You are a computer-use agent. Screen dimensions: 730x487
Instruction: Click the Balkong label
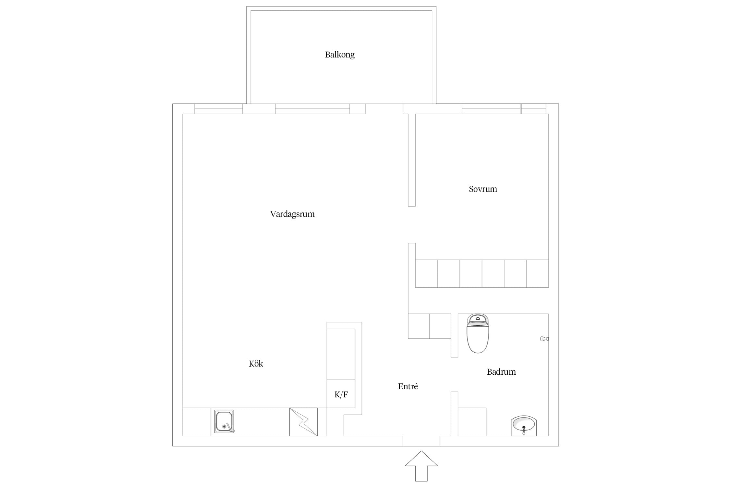(x=340, y=55)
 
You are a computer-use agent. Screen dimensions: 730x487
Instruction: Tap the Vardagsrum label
(x=292, y=214)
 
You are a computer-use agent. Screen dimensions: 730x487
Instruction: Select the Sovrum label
(x=483, y=189)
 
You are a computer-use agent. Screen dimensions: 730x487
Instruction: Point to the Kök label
(x=256, y=363)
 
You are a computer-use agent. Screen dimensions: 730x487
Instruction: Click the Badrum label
(x=501, y=372)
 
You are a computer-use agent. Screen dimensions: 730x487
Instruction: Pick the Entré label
(x=408, y=386)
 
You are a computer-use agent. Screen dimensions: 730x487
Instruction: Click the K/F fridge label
(x=341, y=394)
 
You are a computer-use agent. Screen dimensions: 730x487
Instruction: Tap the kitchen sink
(x=224, y=422)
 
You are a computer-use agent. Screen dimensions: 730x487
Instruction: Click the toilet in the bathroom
(x=478, y=333)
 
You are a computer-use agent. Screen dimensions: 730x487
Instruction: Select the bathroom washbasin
(x=524, y=425)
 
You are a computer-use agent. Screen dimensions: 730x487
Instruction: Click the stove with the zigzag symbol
(x=303, y=422)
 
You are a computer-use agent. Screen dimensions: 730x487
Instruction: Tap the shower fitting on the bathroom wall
(x=544, y=339)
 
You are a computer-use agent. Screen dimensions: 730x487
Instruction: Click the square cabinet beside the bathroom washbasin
(x=472, y=422)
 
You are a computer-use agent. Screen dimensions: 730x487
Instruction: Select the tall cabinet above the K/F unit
(x=341, y=354)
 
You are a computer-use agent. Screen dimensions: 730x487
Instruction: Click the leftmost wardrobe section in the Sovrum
(x=426, y=274)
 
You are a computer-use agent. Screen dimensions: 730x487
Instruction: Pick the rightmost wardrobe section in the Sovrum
(x=537, y=274)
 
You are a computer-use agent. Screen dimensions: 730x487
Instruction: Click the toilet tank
(x=478, y=320)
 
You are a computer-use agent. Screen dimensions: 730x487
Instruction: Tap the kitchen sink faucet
(x=230, y=428)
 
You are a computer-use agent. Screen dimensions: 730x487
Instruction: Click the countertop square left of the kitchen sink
(x=197, y=422)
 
